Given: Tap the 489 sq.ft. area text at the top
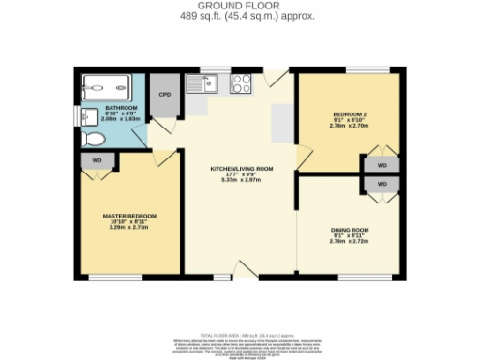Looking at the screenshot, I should [240, 17].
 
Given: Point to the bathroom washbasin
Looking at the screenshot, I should [87, 116].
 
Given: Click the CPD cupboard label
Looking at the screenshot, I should [164, 94].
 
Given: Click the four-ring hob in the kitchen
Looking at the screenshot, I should [240, 84].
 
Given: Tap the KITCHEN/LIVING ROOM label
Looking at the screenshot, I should [235, 168].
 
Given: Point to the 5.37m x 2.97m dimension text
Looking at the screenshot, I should [235, 180].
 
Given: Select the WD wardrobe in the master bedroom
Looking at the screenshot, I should [97, 160].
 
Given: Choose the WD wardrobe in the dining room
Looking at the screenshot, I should [382, 184].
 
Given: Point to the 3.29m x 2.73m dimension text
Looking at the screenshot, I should [129, 228].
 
